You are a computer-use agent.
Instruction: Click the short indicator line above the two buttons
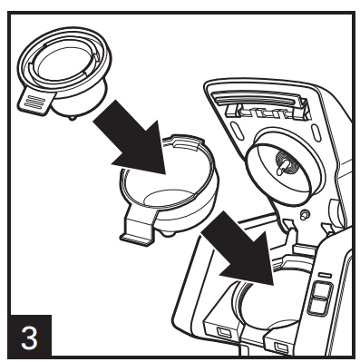point(324,272)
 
